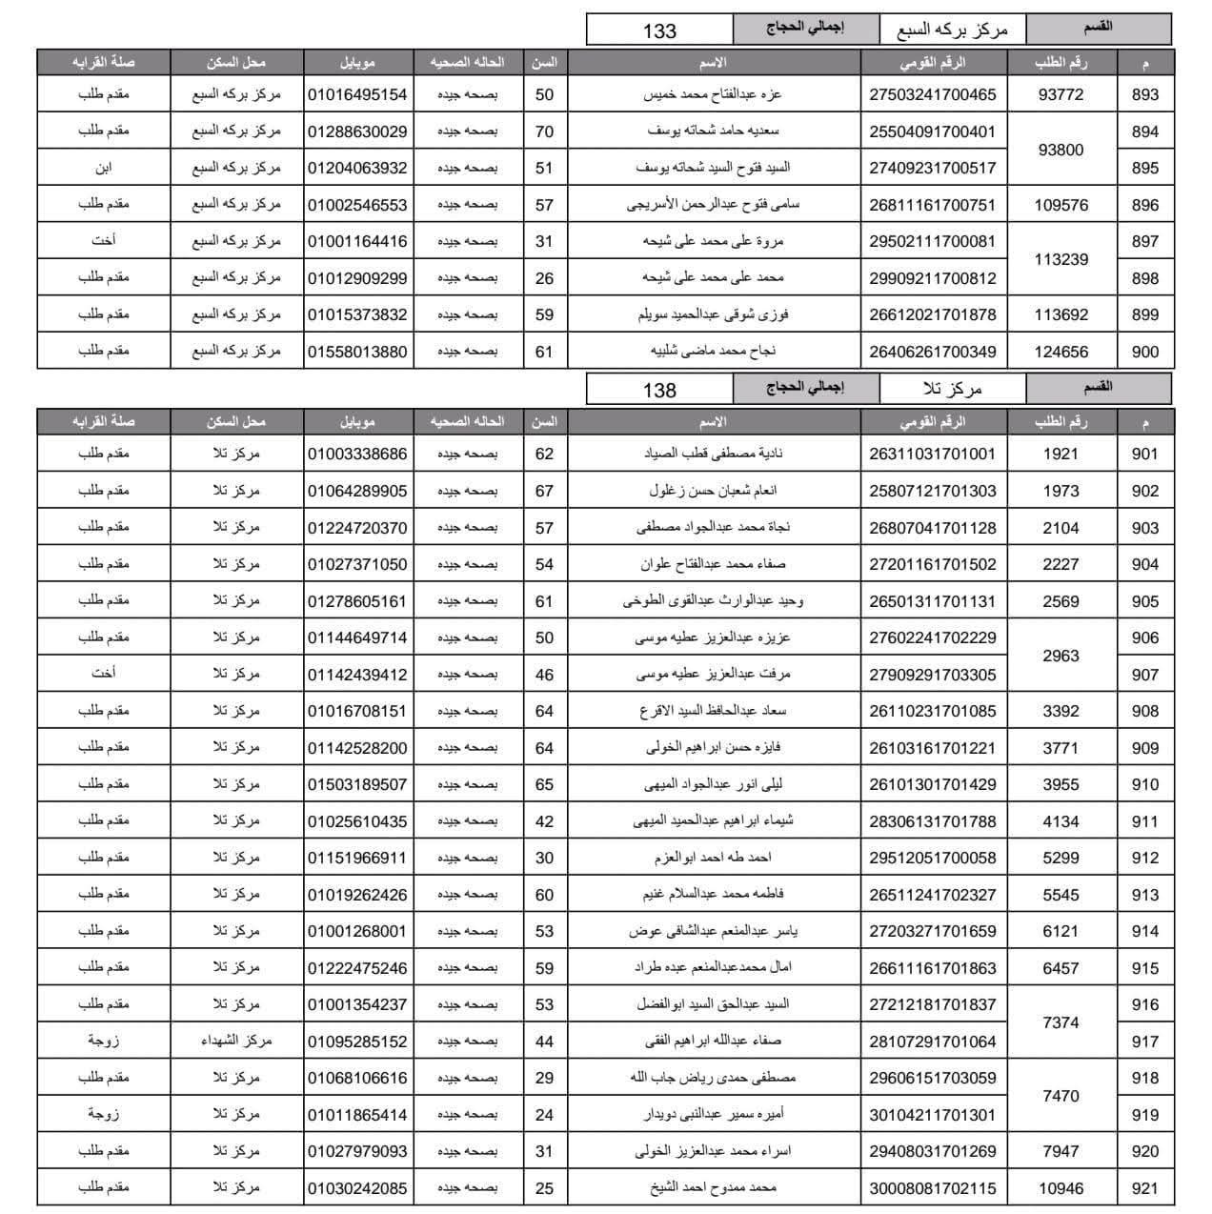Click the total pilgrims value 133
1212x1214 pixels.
[x=659, y=30]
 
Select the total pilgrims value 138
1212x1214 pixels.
[x=659, y=390]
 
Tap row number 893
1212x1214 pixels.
[x=1144, y=94]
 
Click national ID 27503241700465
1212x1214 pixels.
[x=932, y=94]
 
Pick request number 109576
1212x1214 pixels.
[x=1060, y=205]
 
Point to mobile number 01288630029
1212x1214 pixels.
[x=357, y=132]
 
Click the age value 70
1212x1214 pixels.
[x=544, y=132]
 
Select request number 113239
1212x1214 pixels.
[x=1060, y=259]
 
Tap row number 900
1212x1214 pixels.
[x=1144, y=352]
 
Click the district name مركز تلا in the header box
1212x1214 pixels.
[x=952, y=389]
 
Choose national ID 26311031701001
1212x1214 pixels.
[x=932, y=454]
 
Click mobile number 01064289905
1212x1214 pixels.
[x=357, y=491]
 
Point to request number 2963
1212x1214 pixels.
[x=1060, y=656]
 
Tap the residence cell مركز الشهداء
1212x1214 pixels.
[x=236, y=1041]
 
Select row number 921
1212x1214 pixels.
[x=1144, y=1188]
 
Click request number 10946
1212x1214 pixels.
[x=1060, y=1188]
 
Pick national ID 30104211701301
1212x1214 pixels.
[x=932, y=1115]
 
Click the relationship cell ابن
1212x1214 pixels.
[x=104, y=168]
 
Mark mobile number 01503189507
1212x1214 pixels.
[x=357, y=784]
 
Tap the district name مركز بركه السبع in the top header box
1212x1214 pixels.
[x=952, y=30]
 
